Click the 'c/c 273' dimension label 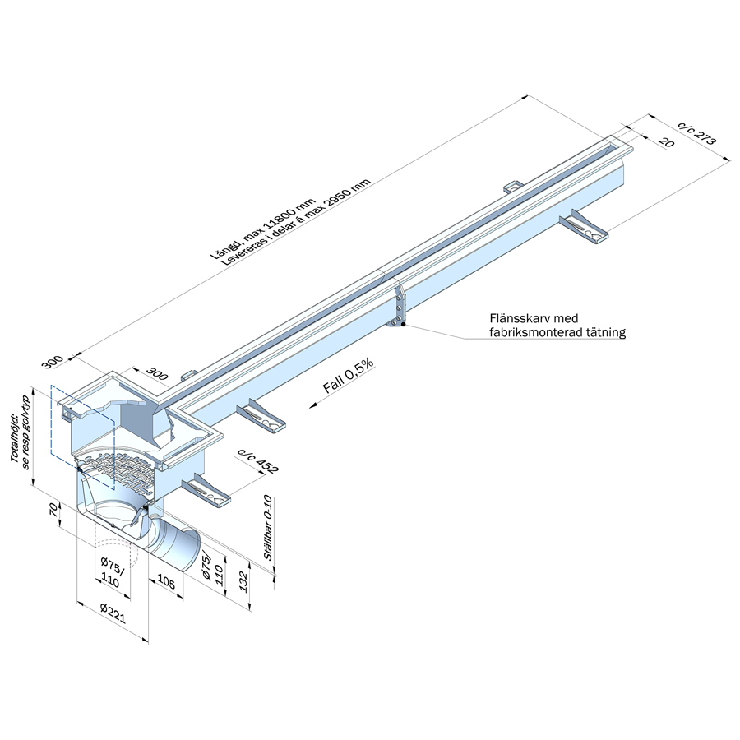[x=697, y=133]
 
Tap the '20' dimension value [x=666, y=142]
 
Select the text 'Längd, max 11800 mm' [x=262, y=229]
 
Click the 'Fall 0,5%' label [x=348, y=376]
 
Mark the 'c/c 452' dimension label [x=257, y=460]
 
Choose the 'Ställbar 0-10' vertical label [x=267, y=527]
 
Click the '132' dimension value [x=243, y=581]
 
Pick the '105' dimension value [x=165, y=581]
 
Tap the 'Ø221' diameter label [x=113, y=614]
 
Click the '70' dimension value [x=53, y=510]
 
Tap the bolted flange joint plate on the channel [x=398, y=307]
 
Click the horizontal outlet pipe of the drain [x=176, y=540]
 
